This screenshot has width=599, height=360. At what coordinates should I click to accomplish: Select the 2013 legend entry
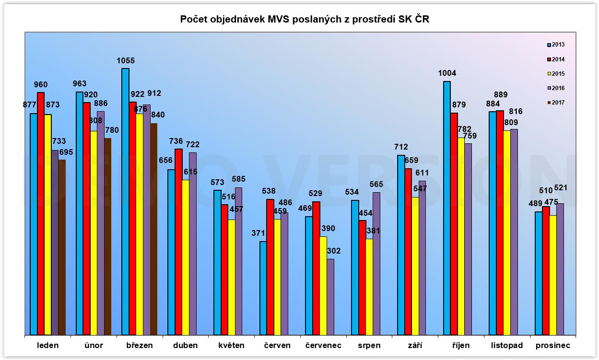point(556,45)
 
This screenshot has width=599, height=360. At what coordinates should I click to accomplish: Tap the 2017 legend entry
point(556,102)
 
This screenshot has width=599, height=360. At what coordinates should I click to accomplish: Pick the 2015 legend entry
point(556,73)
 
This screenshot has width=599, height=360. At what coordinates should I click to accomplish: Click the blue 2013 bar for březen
point(125,201)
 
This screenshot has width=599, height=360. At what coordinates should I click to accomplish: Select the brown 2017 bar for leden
point(62,247)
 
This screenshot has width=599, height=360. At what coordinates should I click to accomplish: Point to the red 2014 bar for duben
point(178,242)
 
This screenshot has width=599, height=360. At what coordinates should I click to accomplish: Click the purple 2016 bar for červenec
point(330,297)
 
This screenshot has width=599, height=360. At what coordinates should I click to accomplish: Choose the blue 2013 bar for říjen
point(447,208)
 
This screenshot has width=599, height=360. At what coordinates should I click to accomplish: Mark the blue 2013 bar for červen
point(263,288)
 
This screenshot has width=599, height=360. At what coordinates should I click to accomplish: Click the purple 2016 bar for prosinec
point(560,269)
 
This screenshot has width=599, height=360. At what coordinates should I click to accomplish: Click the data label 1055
point(126,61)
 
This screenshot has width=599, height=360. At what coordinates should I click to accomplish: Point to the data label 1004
point(446,73)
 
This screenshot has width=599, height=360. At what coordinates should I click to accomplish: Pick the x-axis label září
point(411,345)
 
